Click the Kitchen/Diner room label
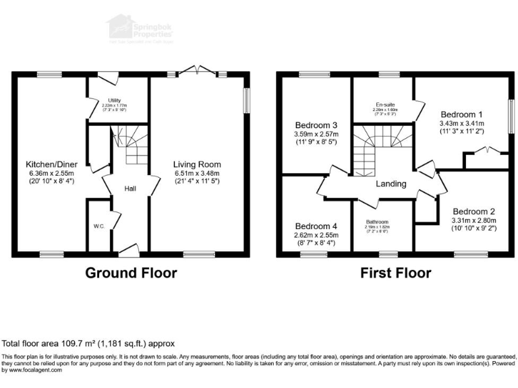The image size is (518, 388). click(x=51, y=164)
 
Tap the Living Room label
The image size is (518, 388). click(x=196, y=164)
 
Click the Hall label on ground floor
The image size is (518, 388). click(x=130, y=189)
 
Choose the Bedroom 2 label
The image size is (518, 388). click(x=473, y=209)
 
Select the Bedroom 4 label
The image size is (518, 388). click(x=316, y=226)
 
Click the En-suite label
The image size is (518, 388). click(x=385, y=105)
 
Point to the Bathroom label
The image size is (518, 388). click(x=376, y=222)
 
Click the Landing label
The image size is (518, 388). click(x=391, y=184)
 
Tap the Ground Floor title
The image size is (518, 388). click(x=131, y=273)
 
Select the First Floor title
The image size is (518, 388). click(x=395, y=273)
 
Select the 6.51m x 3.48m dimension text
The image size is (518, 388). click(x=196, y=173)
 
